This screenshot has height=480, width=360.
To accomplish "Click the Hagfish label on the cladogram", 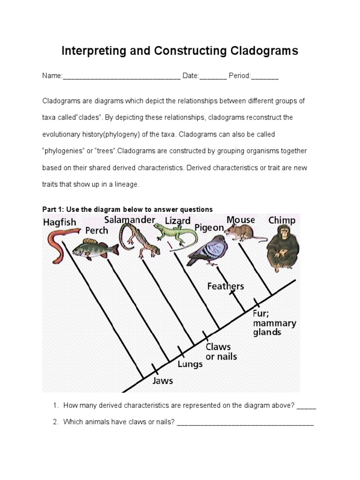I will click(x=60, y=222).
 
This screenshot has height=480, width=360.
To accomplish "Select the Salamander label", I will click(x=129, y=220).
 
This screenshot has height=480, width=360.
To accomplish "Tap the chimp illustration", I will click(x=282, y=248).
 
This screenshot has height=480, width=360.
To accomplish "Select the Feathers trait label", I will click(x=225, y=286).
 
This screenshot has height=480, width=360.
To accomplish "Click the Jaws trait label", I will click(x=163, y=380).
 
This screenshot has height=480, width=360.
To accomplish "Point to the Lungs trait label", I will click(x=190, y=364).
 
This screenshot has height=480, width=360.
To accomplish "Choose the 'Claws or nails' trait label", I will click(x=221, y=352).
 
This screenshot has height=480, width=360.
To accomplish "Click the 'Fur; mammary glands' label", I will click(x=274, y=323).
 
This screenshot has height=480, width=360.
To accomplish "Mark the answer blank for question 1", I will click(x=307, y=406).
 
